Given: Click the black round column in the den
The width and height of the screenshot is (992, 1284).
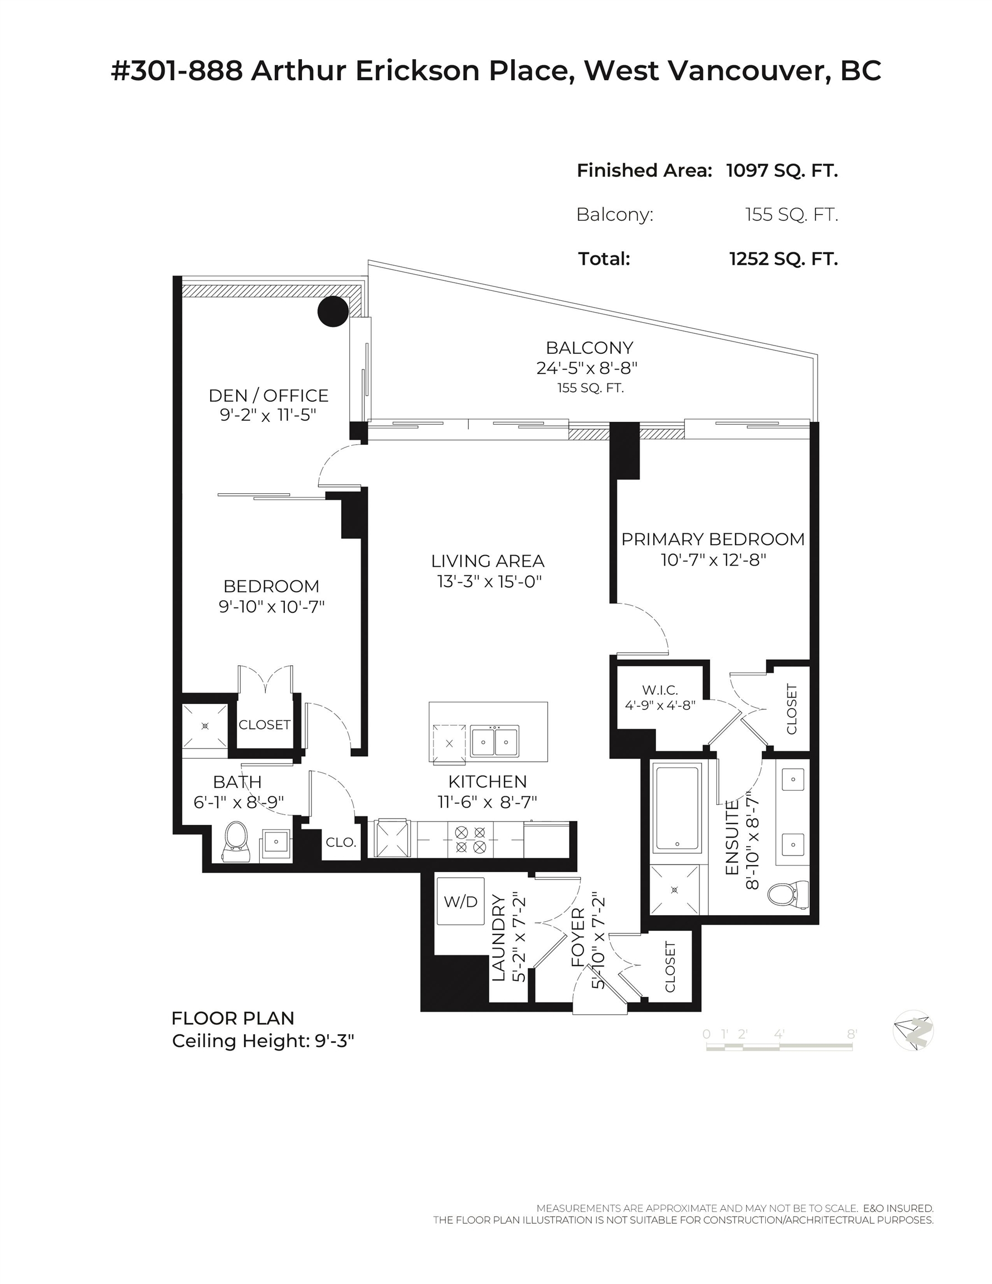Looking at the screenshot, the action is (333, 311).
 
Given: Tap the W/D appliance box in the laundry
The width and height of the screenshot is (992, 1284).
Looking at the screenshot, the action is (460, 901).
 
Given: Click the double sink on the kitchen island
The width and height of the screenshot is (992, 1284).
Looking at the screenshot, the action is (494, 741).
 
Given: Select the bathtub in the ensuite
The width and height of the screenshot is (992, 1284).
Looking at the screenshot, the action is (678, 806).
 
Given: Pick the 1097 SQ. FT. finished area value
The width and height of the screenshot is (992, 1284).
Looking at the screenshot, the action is (781, 171).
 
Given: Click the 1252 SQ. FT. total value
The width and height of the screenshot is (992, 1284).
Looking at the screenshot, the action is (783, 259).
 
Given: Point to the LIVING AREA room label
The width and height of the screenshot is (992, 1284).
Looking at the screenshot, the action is (488, 561).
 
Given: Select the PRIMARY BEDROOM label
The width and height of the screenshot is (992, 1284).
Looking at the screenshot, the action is (713, 539).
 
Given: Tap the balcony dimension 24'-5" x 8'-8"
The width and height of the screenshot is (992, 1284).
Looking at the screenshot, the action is (587, 368).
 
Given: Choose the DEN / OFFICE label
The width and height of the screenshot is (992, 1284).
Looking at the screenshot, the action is (269, 396).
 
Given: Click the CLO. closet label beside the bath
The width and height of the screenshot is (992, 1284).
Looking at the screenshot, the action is (341, 843).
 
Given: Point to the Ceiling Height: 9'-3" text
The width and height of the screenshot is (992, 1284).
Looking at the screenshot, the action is (263, 1041).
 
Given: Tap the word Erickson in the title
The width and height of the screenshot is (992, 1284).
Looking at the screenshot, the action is (417, 71).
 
